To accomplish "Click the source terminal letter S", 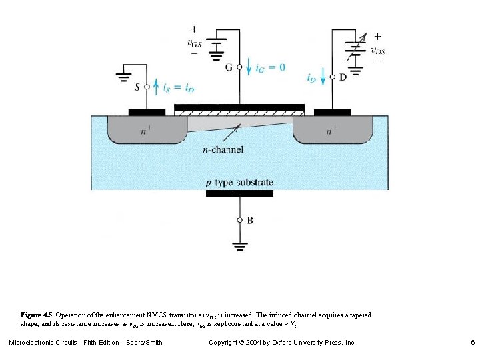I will [x=138, y=87].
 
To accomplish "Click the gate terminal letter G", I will [x=229, y=67].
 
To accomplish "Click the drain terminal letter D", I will [x=343, y=77].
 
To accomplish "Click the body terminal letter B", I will [x=250, y=220].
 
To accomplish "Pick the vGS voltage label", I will [x=195, y=43].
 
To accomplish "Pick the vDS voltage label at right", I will [x=378, y=49].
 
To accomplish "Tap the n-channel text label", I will [x=223, y=150].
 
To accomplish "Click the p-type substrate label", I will [x=239, y=182].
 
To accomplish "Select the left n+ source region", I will [x=146, y=130].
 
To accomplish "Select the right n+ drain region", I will [x=331, y=130].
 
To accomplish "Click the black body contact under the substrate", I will [x=239, y=193].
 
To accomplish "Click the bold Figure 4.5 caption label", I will [x=37, y=315].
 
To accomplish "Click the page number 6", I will [x=472, y=343].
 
